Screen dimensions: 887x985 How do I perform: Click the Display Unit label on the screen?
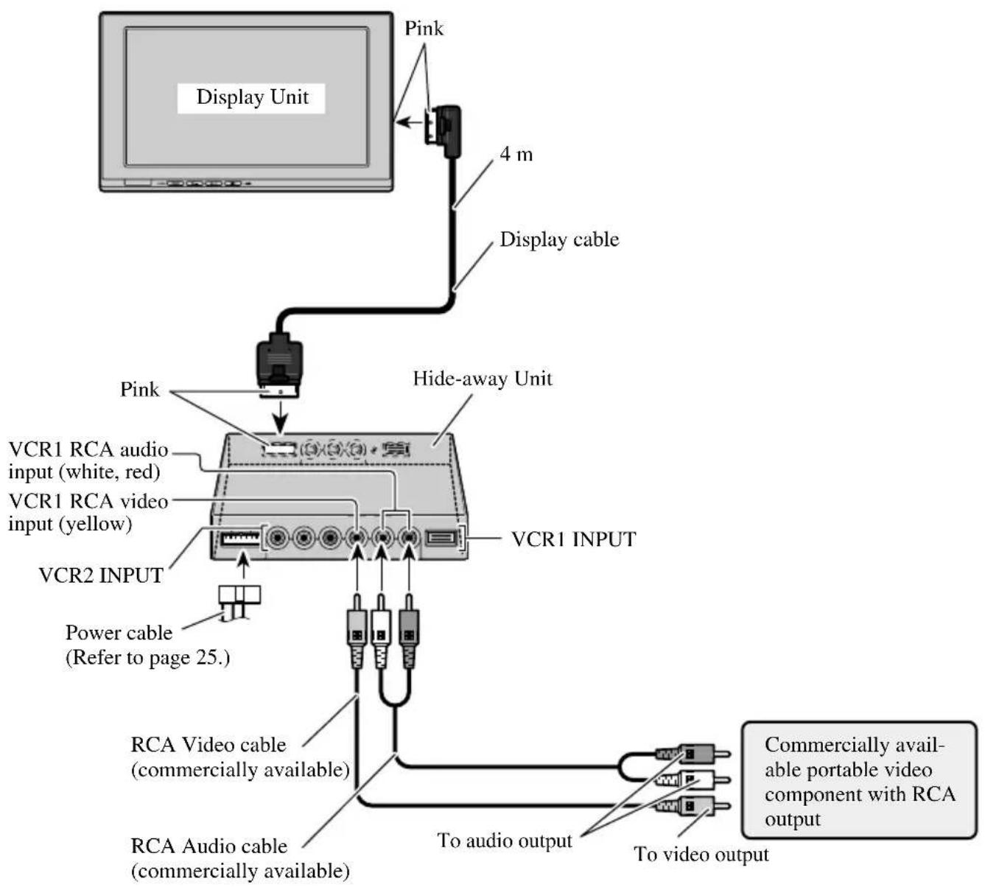(x=252, y=97)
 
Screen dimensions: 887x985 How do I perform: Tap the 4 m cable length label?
(x=516, y=155)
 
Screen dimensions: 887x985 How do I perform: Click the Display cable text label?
(x=559, y=239)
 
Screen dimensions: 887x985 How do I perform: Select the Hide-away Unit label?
(x=482, y=379)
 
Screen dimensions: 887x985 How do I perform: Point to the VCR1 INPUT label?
(x=573, y=539)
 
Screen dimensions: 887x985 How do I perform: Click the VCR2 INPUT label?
(x=101, y=575)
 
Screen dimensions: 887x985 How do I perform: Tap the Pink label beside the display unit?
(x=424, y=29)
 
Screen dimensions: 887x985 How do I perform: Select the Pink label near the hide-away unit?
(x=139, y=389)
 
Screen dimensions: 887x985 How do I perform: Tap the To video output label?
(x=701, y=855)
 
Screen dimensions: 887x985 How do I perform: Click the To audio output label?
(x=505, y=841)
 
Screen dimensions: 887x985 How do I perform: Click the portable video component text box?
(x=859, y=782)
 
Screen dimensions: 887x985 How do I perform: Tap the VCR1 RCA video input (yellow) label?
(x=88, y=513)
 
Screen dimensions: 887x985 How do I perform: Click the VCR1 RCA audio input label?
(x=88, y=460)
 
